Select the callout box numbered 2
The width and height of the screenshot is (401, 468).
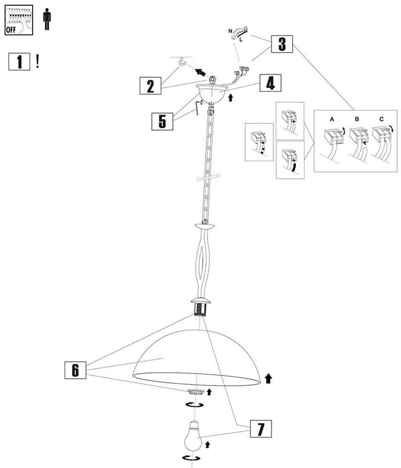pyautogui.click(x=150, y=86)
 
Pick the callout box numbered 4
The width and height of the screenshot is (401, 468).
pyautogui.click(x=270, y=83)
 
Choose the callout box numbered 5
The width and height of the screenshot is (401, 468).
pyautogui.click(x=162, y=121)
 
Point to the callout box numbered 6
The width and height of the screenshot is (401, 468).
pyautogui.click(x=75, y=370)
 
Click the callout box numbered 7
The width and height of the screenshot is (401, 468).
pyautogui.click(x=261, y=429)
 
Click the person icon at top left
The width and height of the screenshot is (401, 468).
pyautogui.click(x=47, y=19)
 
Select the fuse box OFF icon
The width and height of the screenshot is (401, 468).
pyautogui.click(x=18, y=19)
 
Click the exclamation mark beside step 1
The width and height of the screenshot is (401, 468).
pyautogui.click(x=37, y=61)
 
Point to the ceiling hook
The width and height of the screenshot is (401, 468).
pyautogui.click(x=183, y=62)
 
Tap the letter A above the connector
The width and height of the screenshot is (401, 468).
pyautogui.click(x=332, y=119)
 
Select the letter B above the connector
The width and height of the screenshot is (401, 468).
pyautogui.click(x=357, y=119)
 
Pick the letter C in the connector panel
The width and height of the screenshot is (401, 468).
pyautogui.click(x=381, y=119)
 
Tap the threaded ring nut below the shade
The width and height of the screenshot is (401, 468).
pyautogui.click(x=196, y=391)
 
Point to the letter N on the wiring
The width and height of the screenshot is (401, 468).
pyautogui.click(x=230, y=31)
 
